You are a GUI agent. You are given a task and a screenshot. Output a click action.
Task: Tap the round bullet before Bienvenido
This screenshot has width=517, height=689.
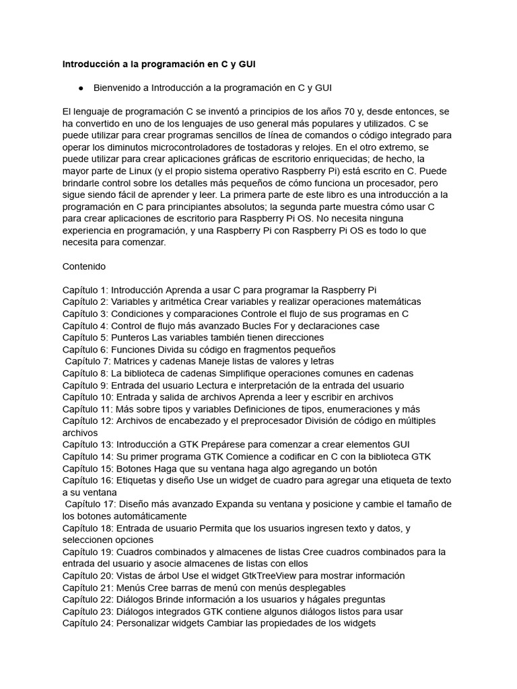point(81,87)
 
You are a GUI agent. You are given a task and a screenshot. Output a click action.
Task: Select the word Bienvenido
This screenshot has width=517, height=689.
point(120,87)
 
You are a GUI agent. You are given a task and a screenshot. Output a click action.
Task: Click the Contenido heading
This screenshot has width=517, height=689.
point(84,266)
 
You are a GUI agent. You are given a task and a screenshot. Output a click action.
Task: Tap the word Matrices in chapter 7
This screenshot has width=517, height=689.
point(133,361)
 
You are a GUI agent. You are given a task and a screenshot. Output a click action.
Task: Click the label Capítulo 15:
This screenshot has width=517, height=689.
point(88,468)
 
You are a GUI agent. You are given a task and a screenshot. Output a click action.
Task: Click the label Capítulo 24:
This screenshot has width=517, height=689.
point(88,623)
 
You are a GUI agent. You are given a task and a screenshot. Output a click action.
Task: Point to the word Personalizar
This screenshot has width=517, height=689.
point(143,623)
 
